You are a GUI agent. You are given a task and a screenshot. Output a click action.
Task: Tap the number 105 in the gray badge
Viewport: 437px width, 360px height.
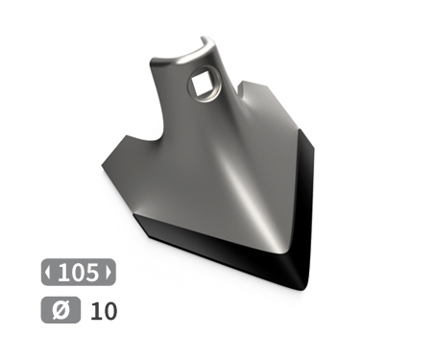pyautogui.click(x=78, y=272)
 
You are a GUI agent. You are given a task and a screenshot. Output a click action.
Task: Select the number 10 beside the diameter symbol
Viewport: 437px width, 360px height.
pyautogui.click(x=103, y=311)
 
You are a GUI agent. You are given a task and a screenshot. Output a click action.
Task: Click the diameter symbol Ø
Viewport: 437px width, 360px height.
pyautogui.click(x=56, y=311)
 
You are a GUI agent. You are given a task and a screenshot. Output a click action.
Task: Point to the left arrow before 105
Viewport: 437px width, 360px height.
pyautogui.click(x=48, y=272)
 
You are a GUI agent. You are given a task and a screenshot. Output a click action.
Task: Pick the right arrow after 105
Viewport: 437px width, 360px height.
pyautogui.click(x=109, y=272)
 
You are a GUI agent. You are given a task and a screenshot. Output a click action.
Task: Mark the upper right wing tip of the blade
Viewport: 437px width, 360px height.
pyautogui.click(x=257, y=84)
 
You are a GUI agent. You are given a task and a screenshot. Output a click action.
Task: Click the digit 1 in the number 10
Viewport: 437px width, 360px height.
pyautogui.click(x=96, y=311)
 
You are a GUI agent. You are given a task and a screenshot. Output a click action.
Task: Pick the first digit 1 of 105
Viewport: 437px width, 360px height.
pyautogui.click(x=64, y=272)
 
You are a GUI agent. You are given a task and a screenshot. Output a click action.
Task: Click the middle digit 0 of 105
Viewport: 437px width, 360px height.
pyautogui.click(x=77, y=272)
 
